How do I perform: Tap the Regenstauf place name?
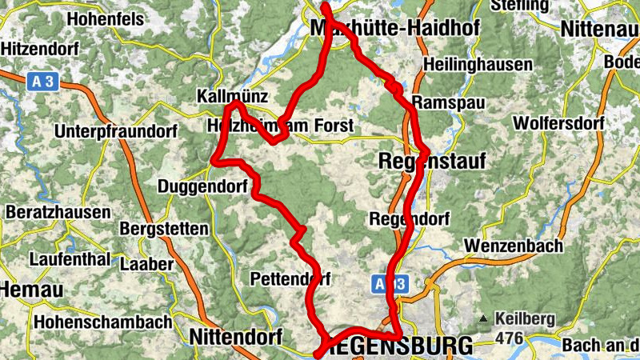pos(430,162)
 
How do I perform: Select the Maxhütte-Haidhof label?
pos(394,29)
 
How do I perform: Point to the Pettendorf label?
pos(290,279)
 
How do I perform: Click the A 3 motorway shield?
pos(46,80)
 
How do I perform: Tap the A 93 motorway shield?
pos(390,283)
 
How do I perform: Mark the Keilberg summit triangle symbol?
pos(483,319)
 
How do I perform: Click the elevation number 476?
pos(509,338)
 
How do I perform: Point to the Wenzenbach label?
pos(513,246)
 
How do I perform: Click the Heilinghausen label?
pos(479,64)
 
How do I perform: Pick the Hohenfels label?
pos(106,18)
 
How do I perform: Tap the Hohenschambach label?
pos(103,322)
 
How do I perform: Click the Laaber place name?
pos(146,263)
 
